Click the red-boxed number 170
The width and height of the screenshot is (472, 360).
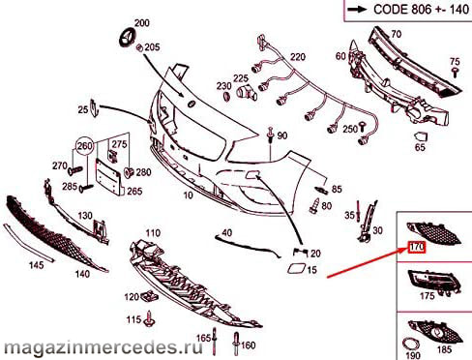tap(417, 248)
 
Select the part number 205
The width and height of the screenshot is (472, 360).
tap(152, 47)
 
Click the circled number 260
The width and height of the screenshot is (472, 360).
tap(85, 146)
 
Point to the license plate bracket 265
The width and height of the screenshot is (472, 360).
tap(108, 176)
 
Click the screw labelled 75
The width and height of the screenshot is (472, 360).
tap(456, 72)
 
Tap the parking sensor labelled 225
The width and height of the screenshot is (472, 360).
tap(246, 92)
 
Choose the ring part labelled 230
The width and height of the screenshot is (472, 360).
tap(227, 96)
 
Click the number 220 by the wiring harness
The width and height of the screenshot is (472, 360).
tap(298, 57)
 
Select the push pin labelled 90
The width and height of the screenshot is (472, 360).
tap(270, 135)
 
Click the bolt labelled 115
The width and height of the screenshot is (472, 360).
tap(150, 318)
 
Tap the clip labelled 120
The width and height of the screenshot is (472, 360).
tap(149, 295)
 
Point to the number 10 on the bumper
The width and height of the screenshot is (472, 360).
tap(188, 195)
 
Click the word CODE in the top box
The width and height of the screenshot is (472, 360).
tap(391, 10)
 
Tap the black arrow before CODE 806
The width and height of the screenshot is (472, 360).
tap(357, 10)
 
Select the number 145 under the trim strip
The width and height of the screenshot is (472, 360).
tap(36, 265)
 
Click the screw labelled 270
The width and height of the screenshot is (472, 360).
tap(75, 169)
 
